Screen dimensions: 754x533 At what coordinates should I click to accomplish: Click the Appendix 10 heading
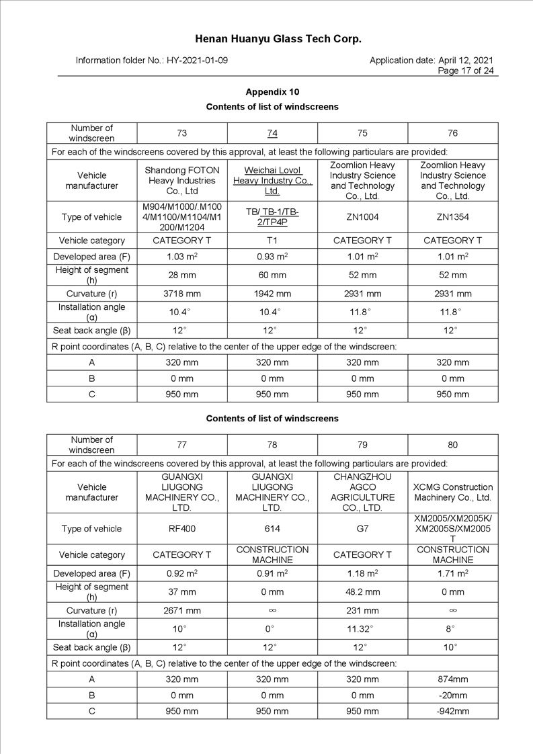pyautogui.click(x=272, y=92)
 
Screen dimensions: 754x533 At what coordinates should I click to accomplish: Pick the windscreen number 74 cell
pyautogui.click(x=272, y=133)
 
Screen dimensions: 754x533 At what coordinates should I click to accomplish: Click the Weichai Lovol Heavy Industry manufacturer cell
pyautogui.click(x=272, y=180)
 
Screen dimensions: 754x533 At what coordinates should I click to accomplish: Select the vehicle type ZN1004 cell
pyautogui.click(x=362, y=217)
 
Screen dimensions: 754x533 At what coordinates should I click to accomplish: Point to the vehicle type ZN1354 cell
pyautogui.click(x=453, y=217)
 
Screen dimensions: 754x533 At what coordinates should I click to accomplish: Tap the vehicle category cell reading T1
pyautogui.click(x=272, y=241)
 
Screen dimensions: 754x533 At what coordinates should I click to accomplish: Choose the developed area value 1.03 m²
pyautogui.click(x=181, y=257)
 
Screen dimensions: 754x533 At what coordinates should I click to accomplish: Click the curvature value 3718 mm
pyautogui.click(x=181, y=294)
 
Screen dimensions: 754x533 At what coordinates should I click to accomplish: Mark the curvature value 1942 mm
pyautogui.click(x=272, y=294)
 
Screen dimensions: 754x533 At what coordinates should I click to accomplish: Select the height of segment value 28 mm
pyautogui.click(x=181, y=275)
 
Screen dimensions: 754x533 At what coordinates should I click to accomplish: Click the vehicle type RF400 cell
pyautogui.click(x=181, y=529)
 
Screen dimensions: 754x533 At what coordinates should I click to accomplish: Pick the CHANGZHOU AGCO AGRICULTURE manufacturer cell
pyautogui.click(x=362, y=492)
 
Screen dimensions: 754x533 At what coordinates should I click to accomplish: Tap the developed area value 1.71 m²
pyautogui.click(x=453, y=573)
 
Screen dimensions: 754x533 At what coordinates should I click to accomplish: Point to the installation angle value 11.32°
pyautogui.click(x=362, y=629)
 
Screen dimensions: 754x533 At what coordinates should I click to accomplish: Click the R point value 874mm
pyautogui.click(x=453, y=679)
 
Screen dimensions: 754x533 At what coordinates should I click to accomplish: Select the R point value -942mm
pyautogui.click(x=453, y=711)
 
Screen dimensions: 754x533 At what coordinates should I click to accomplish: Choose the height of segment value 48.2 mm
pyautogui.click(x=362, y=592)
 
